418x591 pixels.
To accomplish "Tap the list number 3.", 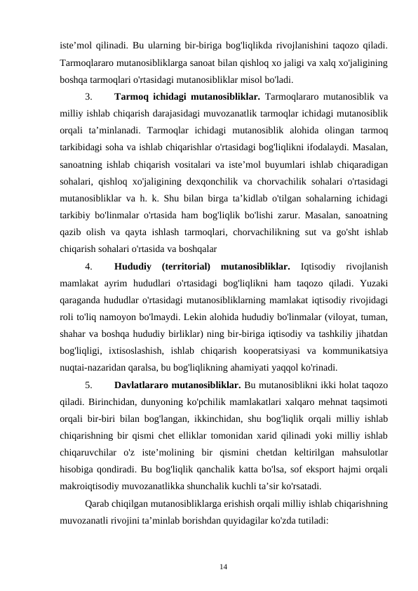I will (x=87, y=96).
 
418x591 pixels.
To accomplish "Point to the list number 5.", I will (x=87, y=385).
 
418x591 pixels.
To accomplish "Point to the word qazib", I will (x=72, y=232).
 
